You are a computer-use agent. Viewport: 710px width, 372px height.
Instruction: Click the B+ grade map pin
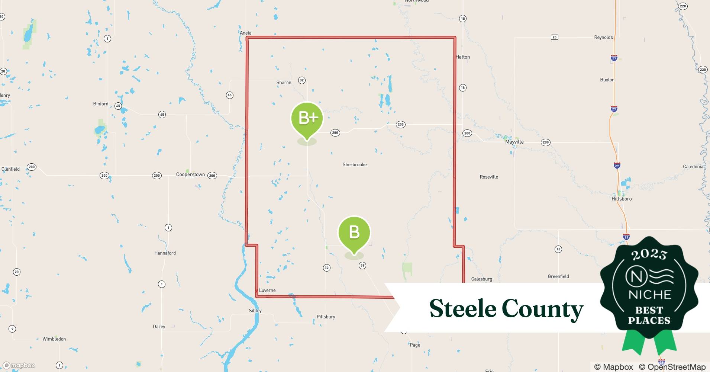307,118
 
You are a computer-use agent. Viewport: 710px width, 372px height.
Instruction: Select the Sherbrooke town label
354,164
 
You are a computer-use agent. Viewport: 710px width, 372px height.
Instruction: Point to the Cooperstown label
190,174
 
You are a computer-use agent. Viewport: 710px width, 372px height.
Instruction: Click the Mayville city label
514,142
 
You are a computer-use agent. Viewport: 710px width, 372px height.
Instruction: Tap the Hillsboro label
622,199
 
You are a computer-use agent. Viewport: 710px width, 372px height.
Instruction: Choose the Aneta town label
245,33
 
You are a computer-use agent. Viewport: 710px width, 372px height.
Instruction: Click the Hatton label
463,57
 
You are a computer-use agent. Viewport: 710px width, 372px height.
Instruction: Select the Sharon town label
284,83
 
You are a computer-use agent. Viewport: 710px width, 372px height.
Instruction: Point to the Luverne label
267,291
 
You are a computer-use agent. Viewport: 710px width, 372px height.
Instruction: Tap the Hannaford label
165,253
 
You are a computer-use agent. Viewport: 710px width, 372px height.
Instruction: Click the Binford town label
101,104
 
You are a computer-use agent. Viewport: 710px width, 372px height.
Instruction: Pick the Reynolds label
603,38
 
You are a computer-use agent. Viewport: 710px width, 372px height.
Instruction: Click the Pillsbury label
326,317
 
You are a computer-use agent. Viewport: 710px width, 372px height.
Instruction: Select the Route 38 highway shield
362,265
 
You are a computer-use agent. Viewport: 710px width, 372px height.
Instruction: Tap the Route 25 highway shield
554,37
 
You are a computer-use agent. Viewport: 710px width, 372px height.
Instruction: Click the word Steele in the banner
462,308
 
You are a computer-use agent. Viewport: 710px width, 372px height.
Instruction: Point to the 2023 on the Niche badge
649,254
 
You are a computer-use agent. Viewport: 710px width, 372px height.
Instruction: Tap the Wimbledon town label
54,339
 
